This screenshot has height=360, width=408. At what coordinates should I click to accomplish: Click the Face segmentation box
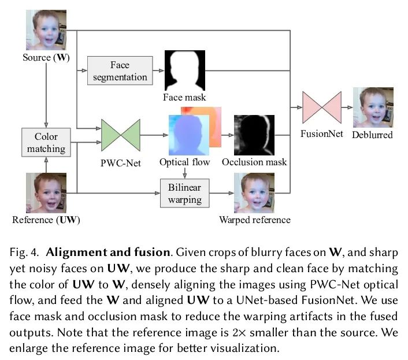click(120, 70)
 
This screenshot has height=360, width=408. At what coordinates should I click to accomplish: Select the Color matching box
click(46, 142)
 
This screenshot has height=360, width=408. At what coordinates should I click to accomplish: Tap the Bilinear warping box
click(184, 194)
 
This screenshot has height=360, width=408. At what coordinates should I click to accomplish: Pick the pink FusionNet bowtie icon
click(322, 108)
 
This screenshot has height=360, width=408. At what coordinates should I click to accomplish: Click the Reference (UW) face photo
click(46, 193)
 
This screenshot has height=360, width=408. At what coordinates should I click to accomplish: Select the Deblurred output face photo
click(373, 108)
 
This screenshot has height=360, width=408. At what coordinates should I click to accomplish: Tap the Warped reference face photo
click(254, 193)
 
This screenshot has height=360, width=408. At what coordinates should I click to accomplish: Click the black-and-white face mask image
click(185, 70)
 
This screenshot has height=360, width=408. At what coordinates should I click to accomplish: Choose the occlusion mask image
click(254, 134)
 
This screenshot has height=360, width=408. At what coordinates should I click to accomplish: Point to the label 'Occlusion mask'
click(254, 162)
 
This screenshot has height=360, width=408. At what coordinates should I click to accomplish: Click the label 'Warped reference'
click(255, 220)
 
